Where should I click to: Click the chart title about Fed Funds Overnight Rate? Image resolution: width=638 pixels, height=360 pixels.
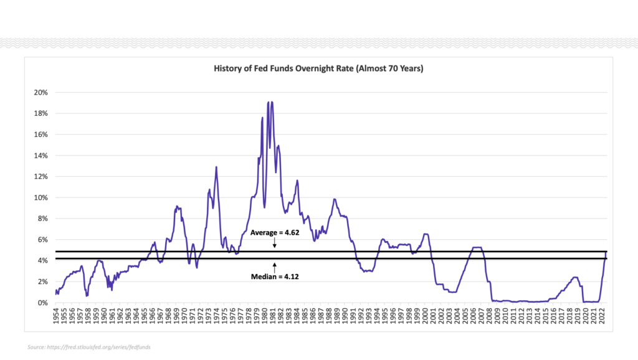tap(318, 69)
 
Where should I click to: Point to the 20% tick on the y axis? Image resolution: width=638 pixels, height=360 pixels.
tap(40, 92)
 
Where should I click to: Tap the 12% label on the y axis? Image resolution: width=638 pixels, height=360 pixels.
tap(40, 176)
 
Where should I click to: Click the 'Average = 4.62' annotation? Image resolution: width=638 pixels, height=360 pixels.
tap(274, 232)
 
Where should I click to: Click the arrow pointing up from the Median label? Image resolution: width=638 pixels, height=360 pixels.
tap(274, 265)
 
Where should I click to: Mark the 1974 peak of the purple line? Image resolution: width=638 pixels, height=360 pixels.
tap(216, 167)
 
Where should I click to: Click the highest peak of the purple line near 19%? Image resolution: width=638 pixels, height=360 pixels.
tap(272, 102)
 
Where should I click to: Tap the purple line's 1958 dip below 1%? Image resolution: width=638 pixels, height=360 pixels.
tap(87, 295)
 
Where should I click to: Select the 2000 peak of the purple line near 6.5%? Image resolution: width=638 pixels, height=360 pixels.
tap(426, 234)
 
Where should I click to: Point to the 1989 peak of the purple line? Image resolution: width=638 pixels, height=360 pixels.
tap(335, 199)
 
